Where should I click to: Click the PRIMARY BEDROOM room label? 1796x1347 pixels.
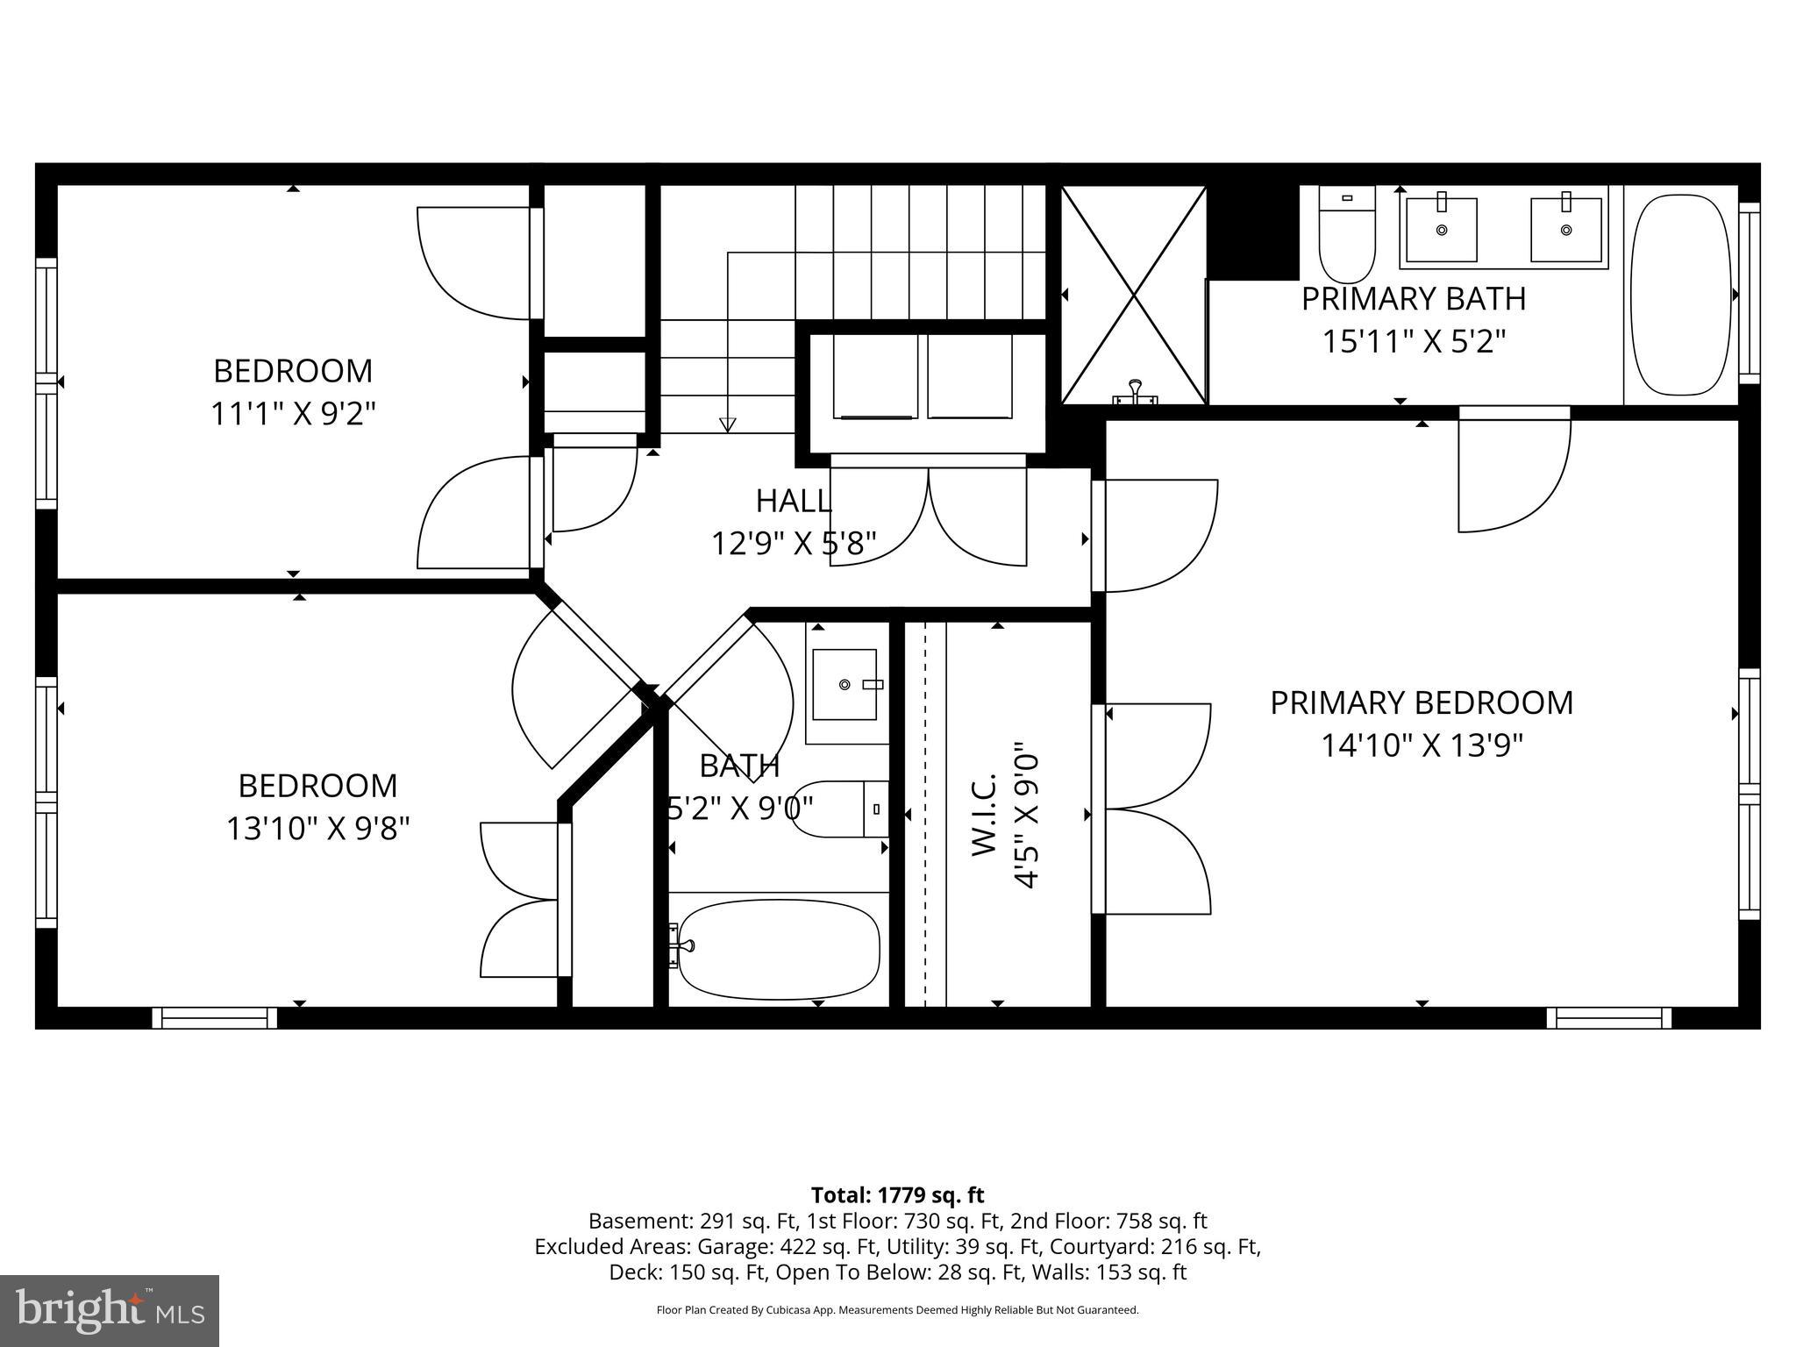coord(1421,702)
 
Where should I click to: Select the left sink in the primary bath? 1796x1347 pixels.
coord(1441,230)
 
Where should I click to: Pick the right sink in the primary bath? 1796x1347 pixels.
coord(1565,230)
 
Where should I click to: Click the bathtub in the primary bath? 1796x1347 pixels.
coord(1679,295)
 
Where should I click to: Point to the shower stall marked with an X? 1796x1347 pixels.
coord(1134,295)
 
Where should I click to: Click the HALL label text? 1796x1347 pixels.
coord(793,501)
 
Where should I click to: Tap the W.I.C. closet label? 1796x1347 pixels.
coord(985,815)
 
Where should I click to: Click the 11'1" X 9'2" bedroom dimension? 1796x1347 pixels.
coord(293,413)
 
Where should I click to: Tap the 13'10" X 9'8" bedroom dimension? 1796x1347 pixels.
coord(317,828)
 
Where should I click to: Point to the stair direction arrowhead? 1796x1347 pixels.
coord(727,425)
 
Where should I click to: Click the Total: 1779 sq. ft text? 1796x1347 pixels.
coord(897,1194)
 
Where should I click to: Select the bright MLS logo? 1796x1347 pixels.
coord(110,1310)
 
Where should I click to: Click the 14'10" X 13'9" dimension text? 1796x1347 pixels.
coord(1422,745)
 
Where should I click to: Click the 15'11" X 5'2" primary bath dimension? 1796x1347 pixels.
coord(1413,341)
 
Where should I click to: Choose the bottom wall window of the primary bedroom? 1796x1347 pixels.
coord(1608,1017)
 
